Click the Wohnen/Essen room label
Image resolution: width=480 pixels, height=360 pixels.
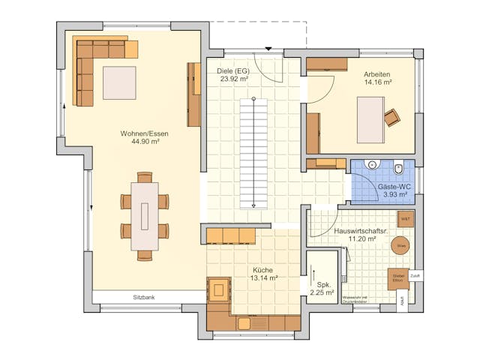pyautogui.click(x=145, y=133)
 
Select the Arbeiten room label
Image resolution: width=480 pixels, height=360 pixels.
pyautogui.click(x=376, y=74)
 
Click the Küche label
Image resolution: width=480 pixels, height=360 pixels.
pyautogui.click(x=262, y=269)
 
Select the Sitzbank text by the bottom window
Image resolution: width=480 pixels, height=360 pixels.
pyautogui.click(x=144, y=298)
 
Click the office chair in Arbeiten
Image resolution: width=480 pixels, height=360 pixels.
pyautogui.click(x=391, y=117)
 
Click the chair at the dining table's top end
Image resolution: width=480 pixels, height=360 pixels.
pyautogui.click(x=145, y=177)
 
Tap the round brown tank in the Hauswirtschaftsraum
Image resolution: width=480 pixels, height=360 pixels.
pyautogui.click(x=401, y=245)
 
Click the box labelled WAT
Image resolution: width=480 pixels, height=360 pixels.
pyautogui.click(x=405, y=219)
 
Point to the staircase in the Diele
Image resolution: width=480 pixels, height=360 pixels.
pyautogui.click(x=253, y=154)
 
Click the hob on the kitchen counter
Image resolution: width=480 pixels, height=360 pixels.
pyautogui.click(x=219, y=289)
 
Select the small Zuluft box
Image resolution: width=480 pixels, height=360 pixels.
pyautogui.click(x=415, y=275)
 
